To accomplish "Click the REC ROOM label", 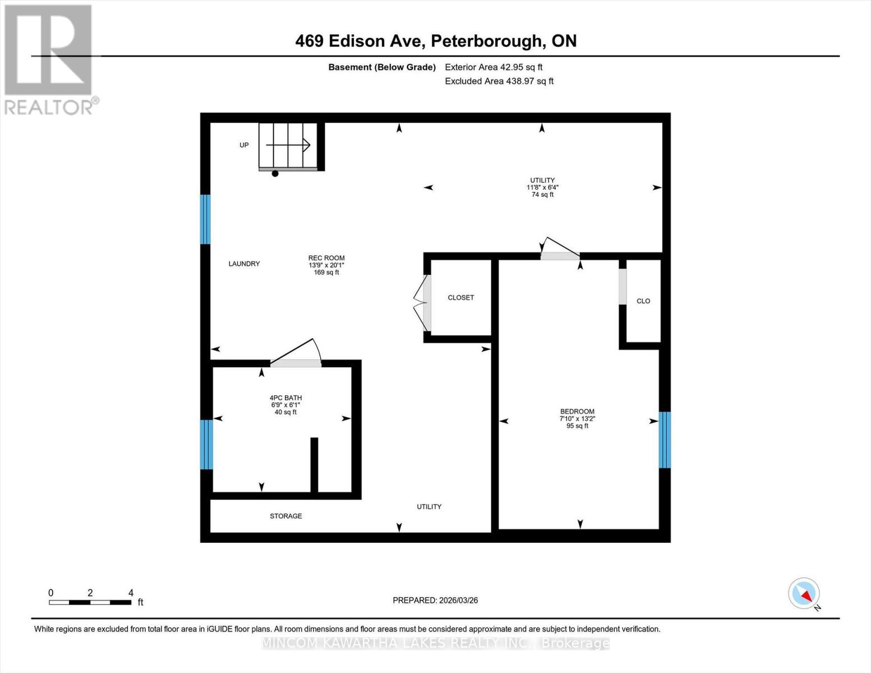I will click(326, 259).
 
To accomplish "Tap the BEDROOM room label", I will click(577, 412).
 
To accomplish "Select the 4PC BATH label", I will click(285, 398).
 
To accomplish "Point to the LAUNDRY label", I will click(244, 264).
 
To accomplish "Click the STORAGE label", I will click(286, 516).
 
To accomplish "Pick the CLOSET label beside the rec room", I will click(460, 298).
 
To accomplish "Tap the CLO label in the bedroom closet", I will click(643, 301).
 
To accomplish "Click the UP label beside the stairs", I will click(244, 145).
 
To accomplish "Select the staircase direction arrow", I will click(288, 145).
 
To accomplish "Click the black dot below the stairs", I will click(275, 174).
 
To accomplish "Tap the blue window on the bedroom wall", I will click(665, 440).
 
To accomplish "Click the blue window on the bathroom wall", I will click(206, 444).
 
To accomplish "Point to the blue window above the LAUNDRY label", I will click(206, 219).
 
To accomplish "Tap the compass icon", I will click(804, 593).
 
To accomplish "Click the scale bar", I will click(90, 602).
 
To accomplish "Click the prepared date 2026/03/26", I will click(435, 600).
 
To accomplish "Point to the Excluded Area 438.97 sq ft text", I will click(499, 81).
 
